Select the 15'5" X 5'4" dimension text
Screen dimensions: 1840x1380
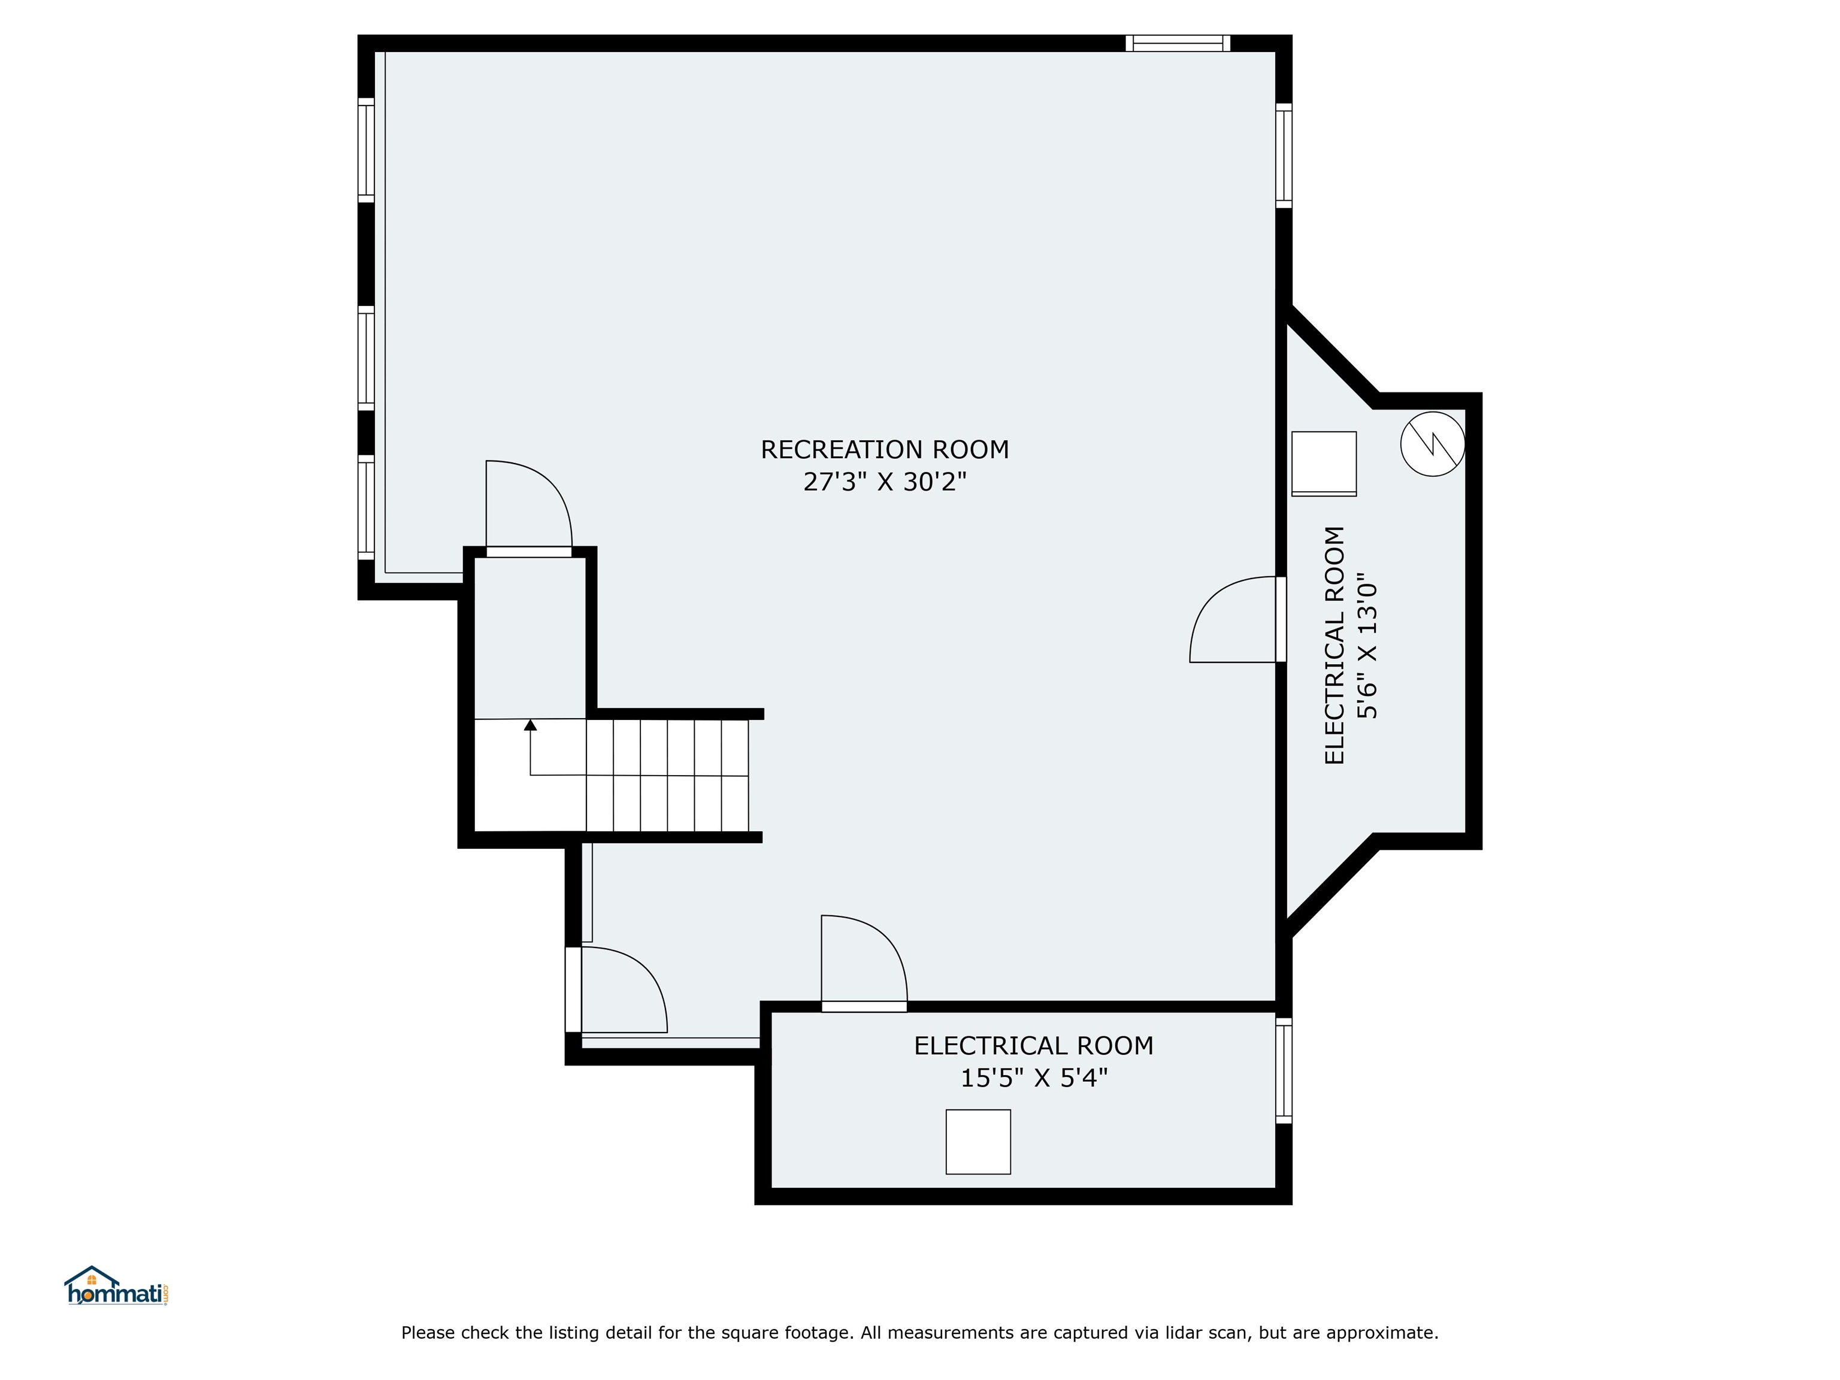click(x=1034, y=1078)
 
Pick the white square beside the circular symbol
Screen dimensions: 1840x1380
click(x=1324, y=464)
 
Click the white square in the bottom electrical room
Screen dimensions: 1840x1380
click(x=978, y=1141)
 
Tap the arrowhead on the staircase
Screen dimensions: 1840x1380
click(x=531, y=725)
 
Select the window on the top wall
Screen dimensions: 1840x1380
click(x=1178, y=43)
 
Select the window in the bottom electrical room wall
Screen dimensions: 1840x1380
click(x=1284, y=1070)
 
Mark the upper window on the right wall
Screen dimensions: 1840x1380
click(x=1284, y=156)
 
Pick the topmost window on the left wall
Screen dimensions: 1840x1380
click(x=366, y=150)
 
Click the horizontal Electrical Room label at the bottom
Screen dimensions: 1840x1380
click(x=1034, y=1046)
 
